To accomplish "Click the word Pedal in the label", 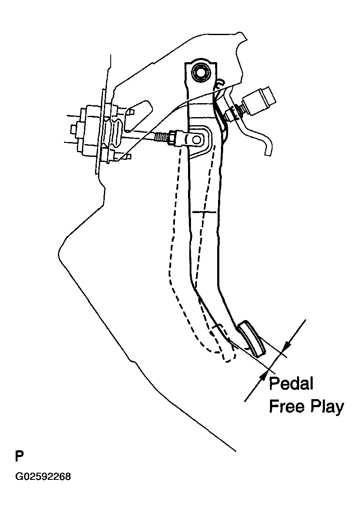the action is tap(291, 384).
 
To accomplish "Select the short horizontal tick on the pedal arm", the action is tap(205, 212).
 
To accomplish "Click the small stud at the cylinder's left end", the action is tap(74, 130).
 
